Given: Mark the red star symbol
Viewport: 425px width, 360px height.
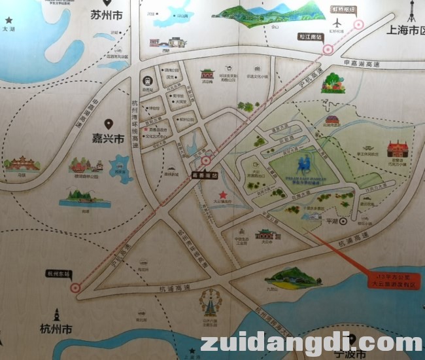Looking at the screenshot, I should pyautogui.click(x=223, y=194).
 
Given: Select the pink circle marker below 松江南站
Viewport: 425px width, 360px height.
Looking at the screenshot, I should pyautogui.click(x=328, y=48).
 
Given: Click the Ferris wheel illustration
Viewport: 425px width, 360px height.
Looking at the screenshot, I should pyautogui.click(x=211, y=302).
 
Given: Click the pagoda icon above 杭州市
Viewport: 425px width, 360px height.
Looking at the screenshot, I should pyautogui.click(x=56, y=314).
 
